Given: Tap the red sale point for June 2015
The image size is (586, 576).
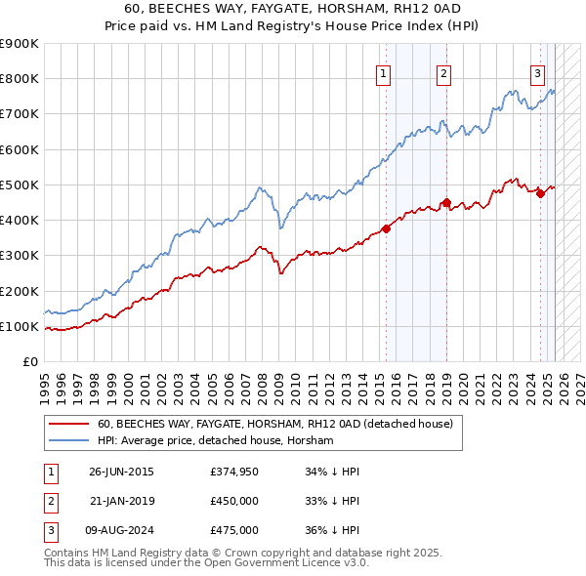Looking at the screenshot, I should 386,228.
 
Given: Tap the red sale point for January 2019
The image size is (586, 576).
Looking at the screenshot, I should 446,203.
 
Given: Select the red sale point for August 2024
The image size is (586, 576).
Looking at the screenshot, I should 540,193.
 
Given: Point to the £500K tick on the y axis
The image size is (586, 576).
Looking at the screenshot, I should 20,185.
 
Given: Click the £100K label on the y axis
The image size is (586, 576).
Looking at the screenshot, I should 20,326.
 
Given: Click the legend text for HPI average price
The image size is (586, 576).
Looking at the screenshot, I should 215,441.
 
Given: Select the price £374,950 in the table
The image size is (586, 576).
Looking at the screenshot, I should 233,472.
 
